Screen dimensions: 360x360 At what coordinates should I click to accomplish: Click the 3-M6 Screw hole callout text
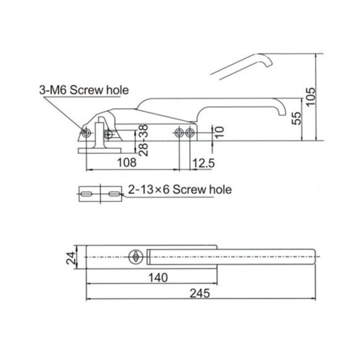84,90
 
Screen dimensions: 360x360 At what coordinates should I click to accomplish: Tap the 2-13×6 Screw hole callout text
180,189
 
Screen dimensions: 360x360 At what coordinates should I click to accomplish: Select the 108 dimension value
126,162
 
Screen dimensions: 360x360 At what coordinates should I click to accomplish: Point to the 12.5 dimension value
203,163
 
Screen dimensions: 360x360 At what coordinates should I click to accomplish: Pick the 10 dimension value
220,132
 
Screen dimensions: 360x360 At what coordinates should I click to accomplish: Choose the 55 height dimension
297,118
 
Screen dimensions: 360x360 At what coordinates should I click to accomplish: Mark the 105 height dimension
311,96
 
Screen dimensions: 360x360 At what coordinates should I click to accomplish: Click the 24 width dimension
71,258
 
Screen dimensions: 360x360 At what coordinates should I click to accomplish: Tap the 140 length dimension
158,278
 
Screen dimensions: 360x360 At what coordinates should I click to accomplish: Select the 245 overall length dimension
200,293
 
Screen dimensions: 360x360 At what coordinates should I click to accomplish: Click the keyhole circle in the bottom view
136,257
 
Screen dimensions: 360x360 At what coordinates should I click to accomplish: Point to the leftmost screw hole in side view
86,132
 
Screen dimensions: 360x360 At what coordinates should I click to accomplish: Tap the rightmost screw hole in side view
189,133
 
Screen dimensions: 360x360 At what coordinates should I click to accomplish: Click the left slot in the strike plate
86,194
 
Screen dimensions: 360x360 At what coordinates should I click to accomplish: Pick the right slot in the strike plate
114,194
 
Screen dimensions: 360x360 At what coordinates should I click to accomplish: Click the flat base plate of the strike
99,151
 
